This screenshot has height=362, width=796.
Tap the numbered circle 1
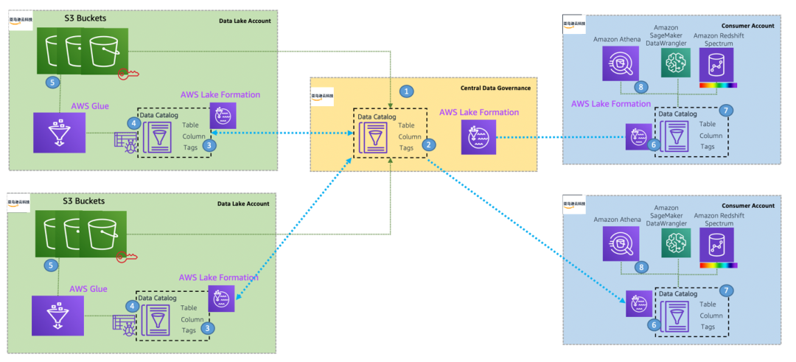point(405,91)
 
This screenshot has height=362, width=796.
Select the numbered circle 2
point(427,145)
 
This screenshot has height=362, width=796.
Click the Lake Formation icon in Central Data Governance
point(478,138)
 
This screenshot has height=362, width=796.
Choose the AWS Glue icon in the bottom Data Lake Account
point(52,315)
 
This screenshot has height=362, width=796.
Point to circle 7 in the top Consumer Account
point(726,111)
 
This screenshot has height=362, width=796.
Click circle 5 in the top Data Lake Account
point(52,82)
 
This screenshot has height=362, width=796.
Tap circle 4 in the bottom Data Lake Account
point(131,305)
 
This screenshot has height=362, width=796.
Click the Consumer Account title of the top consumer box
point(752,26)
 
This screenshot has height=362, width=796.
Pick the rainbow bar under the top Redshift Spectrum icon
point(717,86)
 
